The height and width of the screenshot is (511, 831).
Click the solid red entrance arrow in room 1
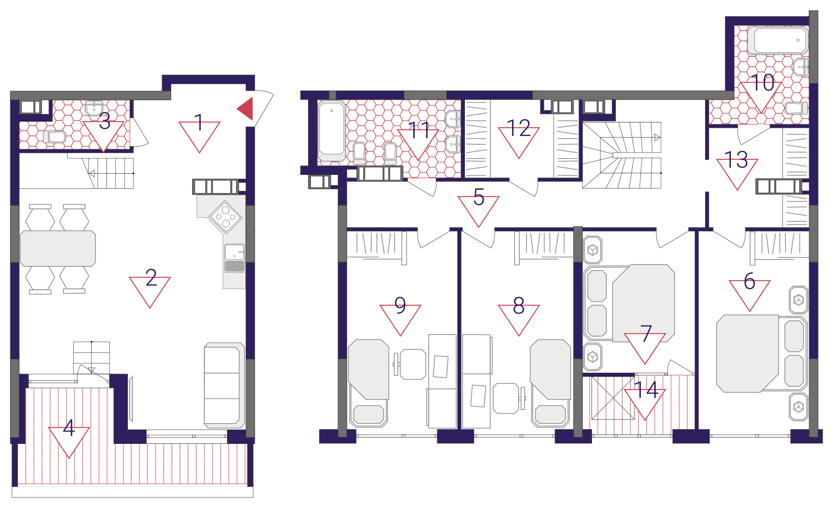tap(247, 108)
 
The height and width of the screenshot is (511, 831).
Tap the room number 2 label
tap(151, 277)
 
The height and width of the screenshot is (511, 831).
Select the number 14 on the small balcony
tap(646, 389)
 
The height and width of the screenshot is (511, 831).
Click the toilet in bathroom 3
tap(54, 137)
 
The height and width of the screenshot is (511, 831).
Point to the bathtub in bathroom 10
tap(778, 40)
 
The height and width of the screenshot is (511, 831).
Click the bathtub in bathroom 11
tap(332, 131)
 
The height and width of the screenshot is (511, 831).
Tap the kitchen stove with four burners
tap(226, 217)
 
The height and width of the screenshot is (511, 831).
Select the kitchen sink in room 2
tap(235, 258)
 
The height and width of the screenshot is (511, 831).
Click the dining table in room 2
tap(58, 248)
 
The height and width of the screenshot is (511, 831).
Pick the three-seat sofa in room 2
tap(224, 385)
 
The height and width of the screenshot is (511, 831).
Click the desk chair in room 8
tap(508, 398)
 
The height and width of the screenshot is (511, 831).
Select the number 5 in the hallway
tap(479, 197)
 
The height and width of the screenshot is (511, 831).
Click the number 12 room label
tap(519, 128)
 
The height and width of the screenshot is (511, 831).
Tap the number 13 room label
tap(737, 160)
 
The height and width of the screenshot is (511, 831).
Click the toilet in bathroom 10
tap(796, 108)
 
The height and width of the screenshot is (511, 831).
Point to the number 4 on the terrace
tap(69, 428)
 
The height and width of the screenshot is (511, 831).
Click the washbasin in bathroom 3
tap(94, 108)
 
